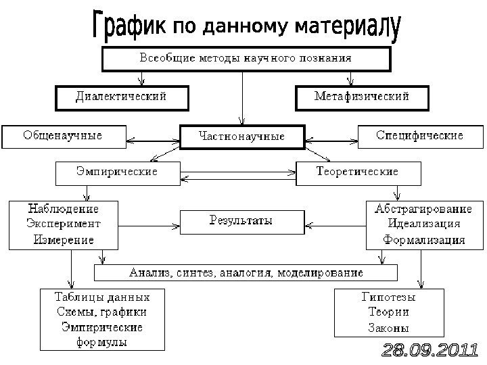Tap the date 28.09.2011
(430, 351)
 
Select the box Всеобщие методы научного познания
(246, 58)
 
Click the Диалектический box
(120, 97)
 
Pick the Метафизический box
(362, 97)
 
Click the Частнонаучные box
(241, 137)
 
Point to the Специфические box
(419, 136)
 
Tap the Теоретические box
(358, 172)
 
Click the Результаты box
(241, 221)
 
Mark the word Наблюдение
(63, 209)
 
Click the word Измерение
(63, 239)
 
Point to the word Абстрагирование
(423, 209)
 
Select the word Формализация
(423, 239)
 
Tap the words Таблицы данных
(102, 297)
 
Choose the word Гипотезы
(388, 297)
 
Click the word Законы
(388, 328)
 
